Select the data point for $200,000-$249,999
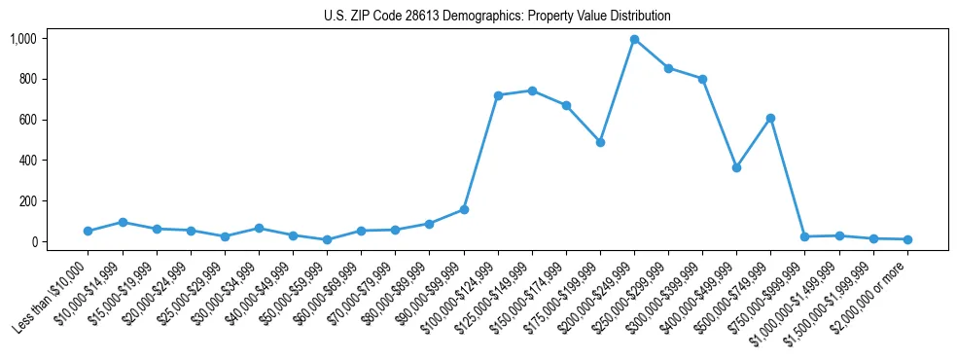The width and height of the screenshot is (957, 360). [x=634, y=40]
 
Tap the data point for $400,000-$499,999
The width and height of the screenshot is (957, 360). [x=736, y=167]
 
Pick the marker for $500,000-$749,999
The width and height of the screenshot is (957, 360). [x=770, y=118]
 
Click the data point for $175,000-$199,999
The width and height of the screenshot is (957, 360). [x=600, y=142]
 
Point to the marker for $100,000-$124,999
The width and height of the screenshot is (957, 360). [x=498, y=95]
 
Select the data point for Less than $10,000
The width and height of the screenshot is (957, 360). [x=88, y=231]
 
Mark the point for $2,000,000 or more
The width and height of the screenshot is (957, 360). [x=907, y=239]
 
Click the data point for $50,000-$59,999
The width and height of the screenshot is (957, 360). [x=327, y=239]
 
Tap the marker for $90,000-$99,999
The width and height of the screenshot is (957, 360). [x=464, y=209]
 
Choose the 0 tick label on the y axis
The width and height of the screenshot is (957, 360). [x=33, y=242]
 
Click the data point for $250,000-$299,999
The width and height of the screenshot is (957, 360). [x=668, y=68]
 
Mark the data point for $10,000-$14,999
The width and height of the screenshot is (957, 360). [x=123, y=222]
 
